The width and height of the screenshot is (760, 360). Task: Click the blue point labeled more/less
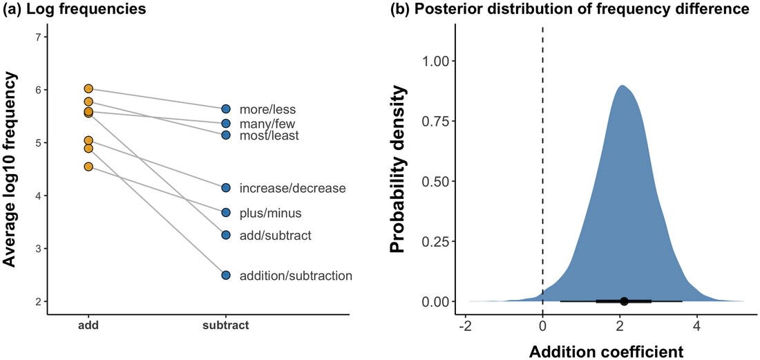[226, 109]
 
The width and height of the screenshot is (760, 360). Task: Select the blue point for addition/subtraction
[226, 275]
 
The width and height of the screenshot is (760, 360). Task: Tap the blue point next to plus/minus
[226, 213]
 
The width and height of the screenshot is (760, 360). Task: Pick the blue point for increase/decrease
[226, 187]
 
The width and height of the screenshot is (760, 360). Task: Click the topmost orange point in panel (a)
[88, 88]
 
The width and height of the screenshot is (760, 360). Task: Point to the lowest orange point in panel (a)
[88, 167]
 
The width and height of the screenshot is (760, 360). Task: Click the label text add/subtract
[275, 236]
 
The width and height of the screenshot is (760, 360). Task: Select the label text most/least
[269, 136]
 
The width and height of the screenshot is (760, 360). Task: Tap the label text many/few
[267, 124]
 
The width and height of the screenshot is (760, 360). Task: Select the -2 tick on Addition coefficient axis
[465, 322]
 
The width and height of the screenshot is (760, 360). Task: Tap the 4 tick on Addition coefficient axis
[697, 322]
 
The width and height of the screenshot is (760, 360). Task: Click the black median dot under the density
[624, 301]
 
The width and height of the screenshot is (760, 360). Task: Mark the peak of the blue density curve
[623, 86]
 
